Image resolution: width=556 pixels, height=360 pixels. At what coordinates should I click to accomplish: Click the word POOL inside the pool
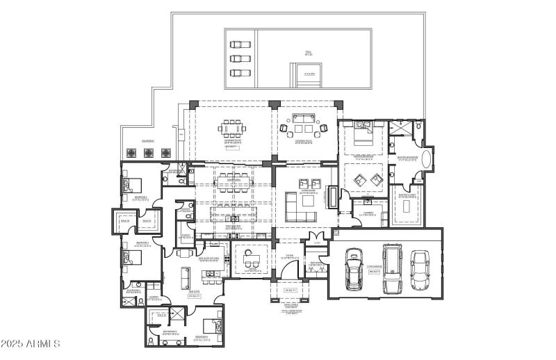pos(308,51)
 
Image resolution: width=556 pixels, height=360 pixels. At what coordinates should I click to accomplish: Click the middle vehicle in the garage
pos(392,268)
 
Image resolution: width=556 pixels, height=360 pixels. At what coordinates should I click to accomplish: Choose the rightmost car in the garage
pos(420,270)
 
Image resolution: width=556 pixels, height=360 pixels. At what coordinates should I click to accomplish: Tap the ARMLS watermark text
pos(31,344)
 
